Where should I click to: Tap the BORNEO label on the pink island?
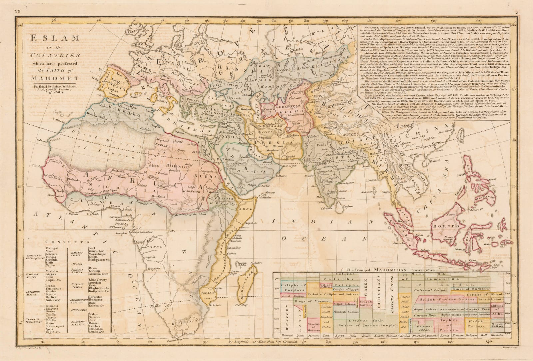[442, 226]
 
